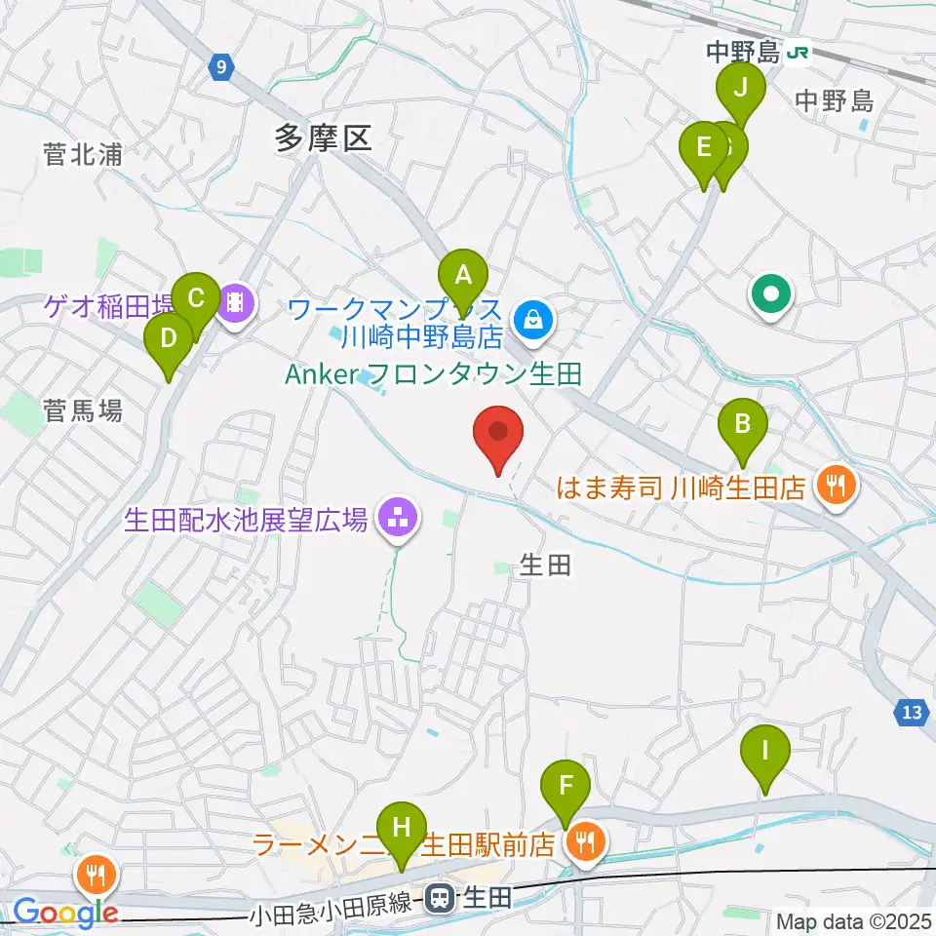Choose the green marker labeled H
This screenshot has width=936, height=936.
tap(400, 829)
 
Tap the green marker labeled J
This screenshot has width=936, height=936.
tap(740, 91)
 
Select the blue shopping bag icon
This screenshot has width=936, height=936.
tap(533, 317)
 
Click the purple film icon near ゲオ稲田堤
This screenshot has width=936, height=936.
tap(235, 305)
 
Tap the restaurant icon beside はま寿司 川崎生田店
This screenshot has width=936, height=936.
tap(835, 484)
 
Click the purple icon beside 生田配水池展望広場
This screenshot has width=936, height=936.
tap(397, 518)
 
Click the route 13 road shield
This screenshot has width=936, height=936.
tap(912, 714)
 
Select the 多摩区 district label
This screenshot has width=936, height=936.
tap(323, 138)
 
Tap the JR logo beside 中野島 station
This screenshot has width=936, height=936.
tap(799, 54)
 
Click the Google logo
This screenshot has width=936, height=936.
tap(65, 913)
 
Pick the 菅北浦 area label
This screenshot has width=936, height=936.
tap(83, 153)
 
